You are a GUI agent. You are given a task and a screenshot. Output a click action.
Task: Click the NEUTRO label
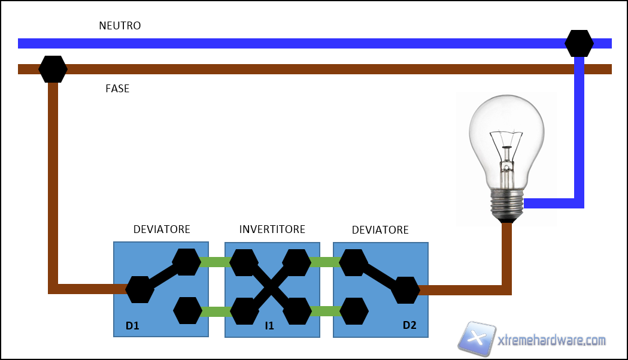coord(120,26)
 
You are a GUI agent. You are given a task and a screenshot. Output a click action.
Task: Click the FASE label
coord(117,89)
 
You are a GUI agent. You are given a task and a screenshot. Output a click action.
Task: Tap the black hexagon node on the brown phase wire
coord(53,69)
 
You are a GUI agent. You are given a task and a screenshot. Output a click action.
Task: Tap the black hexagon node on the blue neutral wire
coord(579,43)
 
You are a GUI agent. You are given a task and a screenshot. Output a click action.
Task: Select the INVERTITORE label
coord(272,229)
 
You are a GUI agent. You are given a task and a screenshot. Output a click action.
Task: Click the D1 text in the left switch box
coord(132,326)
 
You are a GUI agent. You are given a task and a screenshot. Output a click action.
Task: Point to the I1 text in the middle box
coord(269,326)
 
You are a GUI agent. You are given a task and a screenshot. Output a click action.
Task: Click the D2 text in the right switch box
coord(409,326)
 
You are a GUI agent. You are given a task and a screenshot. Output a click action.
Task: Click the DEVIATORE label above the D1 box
coord(162,229)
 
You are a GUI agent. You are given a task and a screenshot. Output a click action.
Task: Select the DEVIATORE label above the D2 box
coord(380,230)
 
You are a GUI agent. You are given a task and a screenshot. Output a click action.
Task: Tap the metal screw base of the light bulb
coord(507,203)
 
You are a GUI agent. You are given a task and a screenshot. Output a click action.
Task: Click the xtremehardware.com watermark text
coord(551,340)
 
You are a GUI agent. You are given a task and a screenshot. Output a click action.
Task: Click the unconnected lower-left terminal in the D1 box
coord(187,311)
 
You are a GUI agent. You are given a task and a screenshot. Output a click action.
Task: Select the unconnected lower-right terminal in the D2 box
coord(354,311)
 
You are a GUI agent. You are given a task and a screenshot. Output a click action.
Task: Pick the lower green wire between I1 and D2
coord(325,311)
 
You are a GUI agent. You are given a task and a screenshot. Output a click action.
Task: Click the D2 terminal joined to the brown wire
coord(406,291)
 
